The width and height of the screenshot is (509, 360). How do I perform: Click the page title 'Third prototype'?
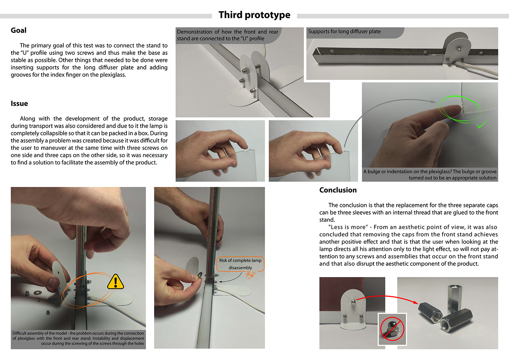pyautogui.click(x=254, y=15)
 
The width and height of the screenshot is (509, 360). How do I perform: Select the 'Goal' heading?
pyautogui.click(x=19, y=31)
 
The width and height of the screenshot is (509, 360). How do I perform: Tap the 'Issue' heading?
pyautogui.click(x=19, y=104)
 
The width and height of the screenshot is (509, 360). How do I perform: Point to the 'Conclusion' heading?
pyautogui.click(x=338, y=190)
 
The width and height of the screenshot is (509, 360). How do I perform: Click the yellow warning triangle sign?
pyautogui.click(x=116, y=282)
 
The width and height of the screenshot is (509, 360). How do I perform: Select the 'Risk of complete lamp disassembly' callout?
pyautogui.click(x=240, y=264)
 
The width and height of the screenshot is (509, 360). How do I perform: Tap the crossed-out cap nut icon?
pyautogui.click(x=392, y=329)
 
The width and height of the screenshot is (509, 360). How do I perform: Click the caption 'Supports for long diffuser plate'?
pyautogui.click(x=344, y=32)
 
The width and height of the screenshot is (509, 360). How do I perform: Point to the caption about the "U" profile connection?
pyautogui.click(x=227, y=35)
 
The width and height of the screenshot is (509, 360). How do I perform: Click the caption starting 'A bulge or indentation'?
pyautogui.click(x=430, y=175)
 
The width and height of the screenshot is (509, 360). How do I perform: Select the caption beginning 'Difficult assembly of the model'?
pyautogui.click(x=78, y=338)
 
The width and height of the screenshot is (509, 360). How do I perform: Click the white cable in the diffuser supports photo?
pyautogui.click(x=480, y=70)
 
